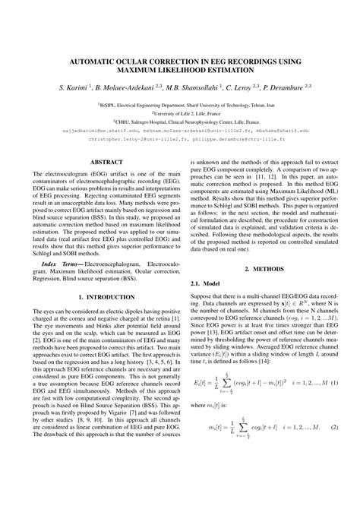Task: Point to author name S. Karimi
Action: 71,87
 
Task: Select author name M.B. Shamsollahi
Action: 198,87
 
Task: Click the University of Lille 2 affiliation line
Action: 180,111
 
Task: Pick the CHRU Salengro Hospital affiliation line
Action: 180,120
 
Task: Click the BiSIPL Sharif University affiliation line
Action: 180,102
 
